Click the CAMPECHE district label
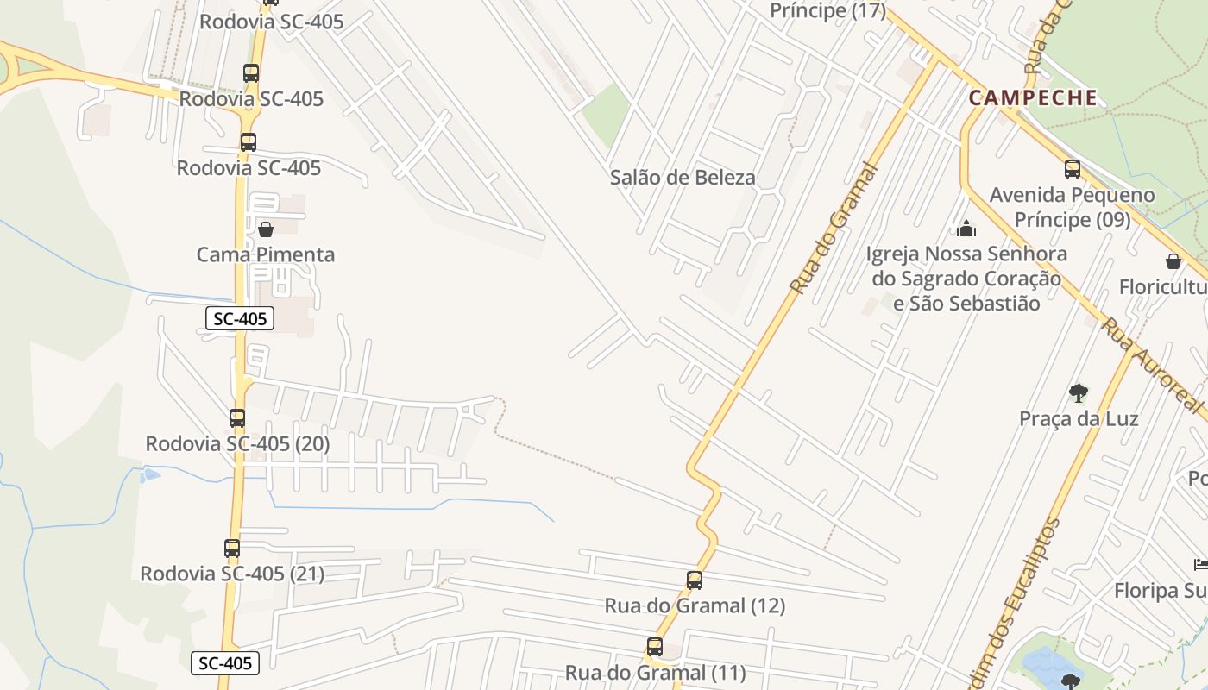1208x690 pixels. [x=1033, y=97]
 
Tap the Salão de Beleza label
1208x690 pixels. [x=683, y=178]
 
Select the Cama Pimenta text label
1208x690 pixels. [x=266, y=254]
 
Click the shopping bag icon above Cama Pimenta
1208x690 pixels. [x=266, y=229]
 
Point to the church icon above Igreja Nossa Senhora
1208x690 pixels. [x=966, y=229]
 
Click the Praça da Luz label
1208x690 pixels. [x=1079, y=419]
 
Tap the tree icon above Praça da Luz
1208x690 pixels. [x=1078, y=393]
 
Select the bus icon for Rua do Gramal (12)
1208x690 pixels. [x=695, y=580]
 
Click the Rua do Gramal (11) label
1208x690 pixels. [x=655, y=673]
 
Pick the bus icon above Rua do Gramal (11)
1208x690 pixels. [x=655, y=647]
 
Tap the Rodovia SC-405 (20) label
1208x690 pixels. [x=237, y=444]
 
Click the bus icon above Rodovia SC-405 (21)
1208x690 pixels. [x=232, y=549]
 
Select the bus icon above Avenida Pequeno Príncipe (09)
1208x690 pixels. [x=1073, y=169]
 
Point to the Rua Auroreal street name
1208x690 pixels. [x=1152, y=365]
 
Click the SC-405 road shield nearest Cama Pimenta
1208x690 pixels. [x=240, y=319]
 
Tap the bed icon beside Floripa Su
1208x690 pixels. [x=1200, y=565]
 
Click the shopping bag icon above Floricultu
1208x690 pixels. [x=1173, y=261]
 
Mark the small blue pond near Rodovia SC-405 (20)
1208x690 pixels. [x=151, y=474]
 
